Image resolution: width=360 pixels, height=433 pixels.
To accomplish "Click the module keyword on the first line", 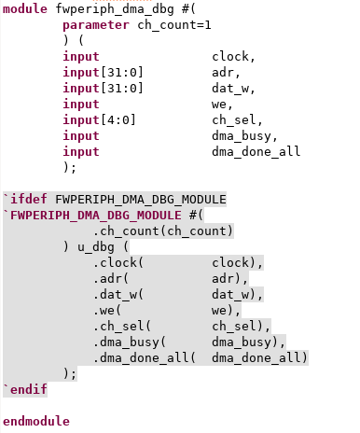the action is click(x=25, y=8).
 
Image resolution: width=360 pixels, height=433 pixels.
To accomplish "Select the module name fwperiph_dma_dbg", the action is click(x=115, y=9).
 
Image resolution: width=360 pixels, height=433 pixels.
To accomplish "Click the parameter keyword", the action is click(x=96, y=25).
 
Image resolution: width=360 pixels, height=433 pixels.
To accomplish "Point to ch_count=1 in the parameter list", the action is click(x=174, y=25).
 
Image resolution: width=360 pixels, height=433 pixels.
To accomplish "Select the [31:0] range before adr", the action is click(x=122, y=73).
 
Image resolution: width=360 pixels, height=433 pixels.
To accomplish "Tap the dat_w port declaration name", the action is click(x=230, y=89).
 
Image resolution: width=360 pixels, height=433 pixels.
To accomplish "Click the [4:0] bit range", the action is click(x=118, y=120).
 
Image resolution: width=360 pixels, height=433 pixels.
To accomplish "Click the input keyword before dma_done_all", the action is click(x=81, y=152).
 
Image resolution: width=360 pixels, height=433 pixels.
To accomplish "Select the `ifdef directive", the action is click(x=25, y=199).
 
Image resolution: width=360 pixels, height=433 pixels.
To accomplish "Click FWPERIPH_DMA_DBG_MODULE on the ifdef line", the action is click(x=141, y=200).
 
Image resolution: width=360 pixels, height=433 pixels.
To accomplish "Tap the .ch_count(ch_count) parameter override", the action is click(x=163, y=231).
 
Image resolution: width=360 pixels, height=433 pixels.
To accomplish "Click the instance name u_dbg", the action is click(x=96, y=247).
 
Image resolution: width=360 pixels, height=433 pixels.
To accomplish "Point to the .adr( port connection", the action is click(x=111, y=279).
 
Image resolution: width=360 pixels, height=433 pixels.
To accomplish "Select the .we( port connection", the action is click(x=107, y=311).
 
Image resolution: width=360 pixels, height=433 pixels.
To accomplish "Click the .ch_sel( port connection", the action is click(x=122, y=327).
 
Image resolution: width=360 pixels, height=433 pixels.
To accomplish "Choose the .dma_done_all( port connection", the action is click(x=145, y=358).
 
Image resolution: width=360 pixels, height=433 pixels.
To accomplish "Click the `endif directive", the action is click(x=25, y=389).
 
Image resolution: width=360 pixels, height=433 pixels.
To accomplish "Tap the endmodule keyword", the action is click(x=36, y=421).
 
